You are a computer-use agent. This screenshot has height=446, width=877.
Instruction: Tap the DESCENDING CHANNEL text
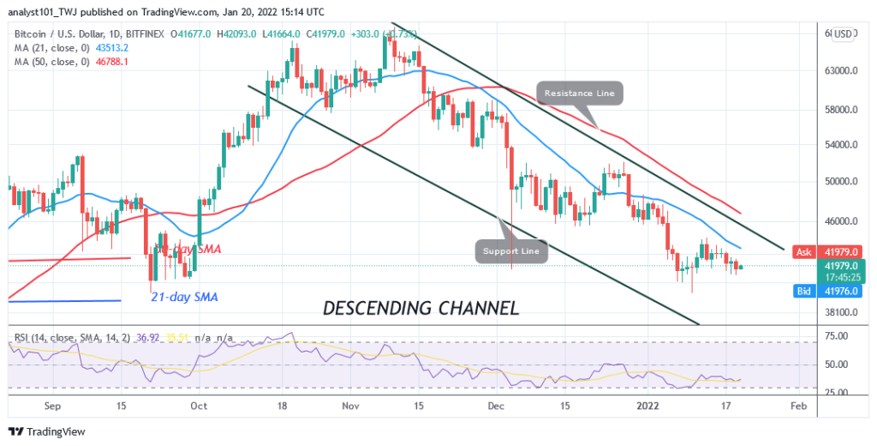[421, 308]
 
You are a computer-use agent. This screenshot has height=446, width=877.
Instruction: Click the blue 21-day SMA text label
[184, 298]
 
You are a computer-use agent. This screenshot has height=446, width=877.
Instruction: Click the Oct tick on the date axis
[198, 406]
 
